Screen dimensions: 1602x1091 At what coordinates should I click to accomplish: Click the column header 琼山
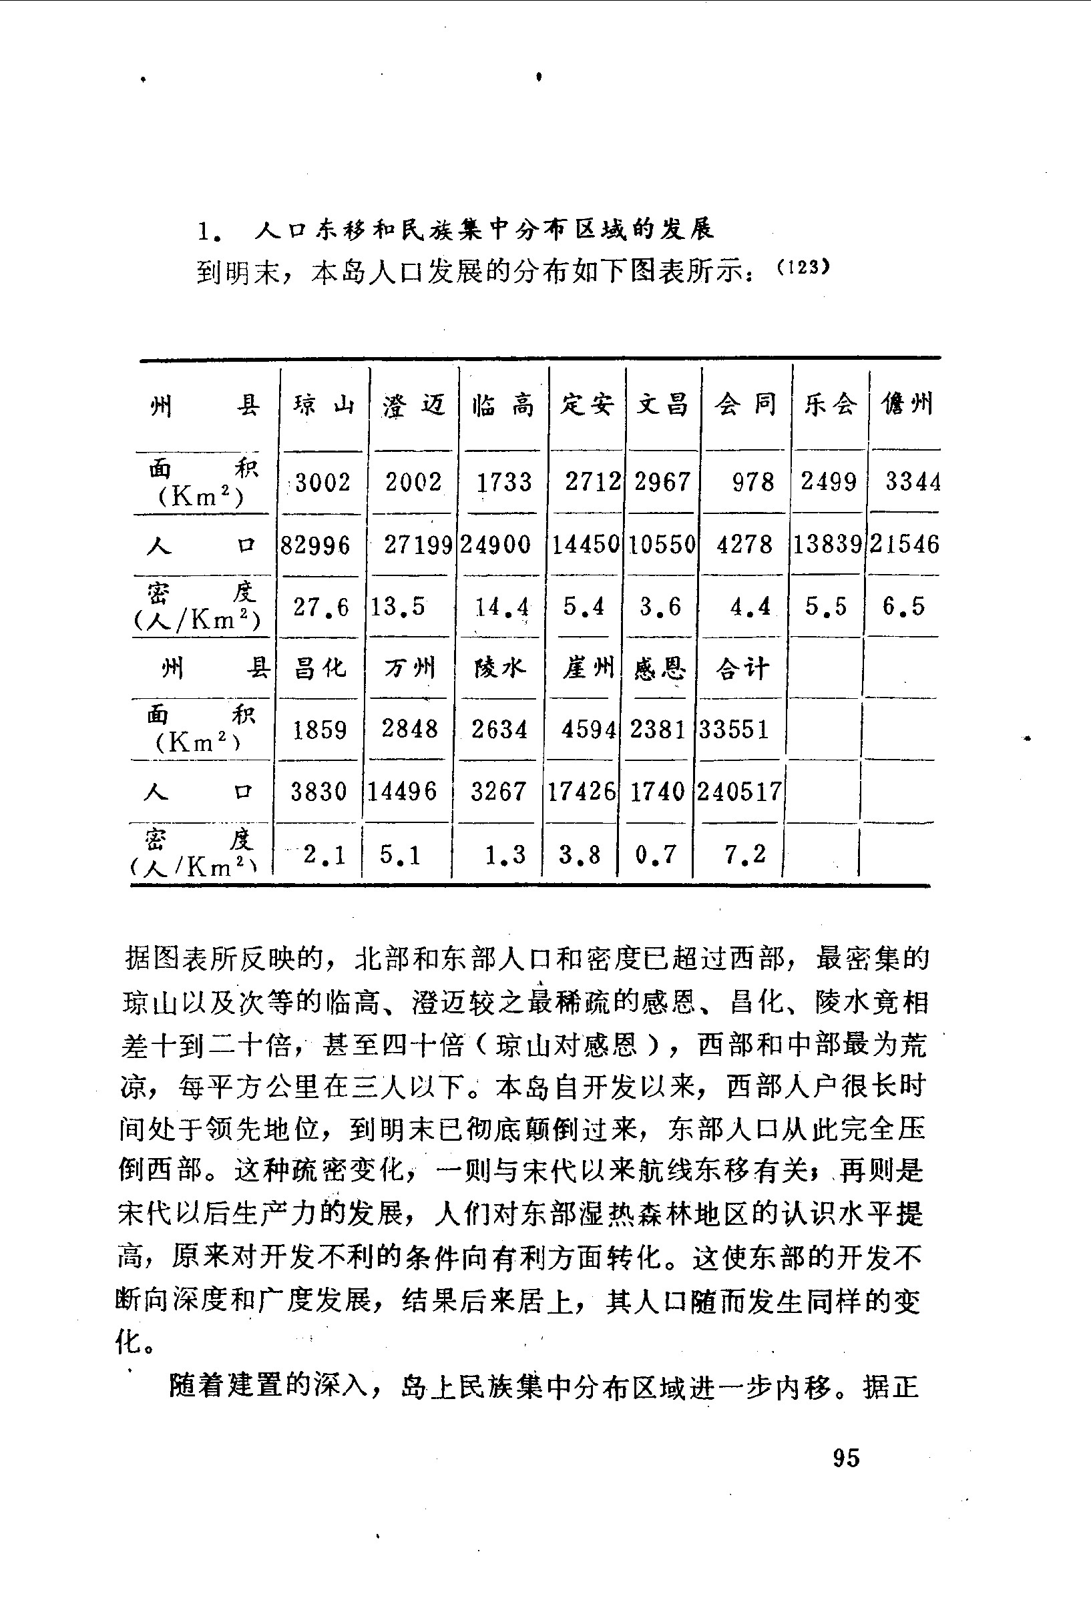coord(322,405)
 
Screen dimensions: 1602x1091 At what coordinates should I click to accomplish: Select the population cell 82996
coord(315,545)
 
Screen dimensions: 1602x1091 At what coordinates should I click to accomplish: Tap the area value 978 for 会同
coord(752,482)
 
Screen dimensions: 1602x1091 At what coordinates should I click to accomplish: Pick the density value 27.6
coord(321,607)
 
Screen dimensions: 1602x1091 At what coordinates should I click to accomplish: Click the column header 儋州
coord(907,403)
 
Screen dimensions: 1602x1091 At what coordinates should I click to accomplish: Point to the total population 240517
coord(739,792)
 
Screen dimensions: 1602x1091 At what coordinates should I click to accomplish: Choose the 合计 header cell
coord(742,668)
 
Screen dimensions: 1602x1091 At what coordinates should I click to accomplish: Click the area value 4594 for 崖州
coord(588,730)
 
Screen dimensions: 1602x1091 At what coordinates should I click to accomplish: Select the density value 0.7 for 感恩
coord(656,855)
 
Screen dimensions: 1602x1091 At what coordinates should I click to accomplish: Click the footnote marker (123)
coord(802,267)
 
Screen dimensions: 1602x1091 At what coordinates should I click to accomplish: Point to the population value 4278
coord(744,545)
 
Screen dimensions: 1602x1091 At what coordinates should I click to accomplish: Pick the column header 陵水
coord(499,668)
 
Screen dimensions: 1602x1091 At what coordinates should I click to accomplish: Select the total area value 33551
coord(734,730)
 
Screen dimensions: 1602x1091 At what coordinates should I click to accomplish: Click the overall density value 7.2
coord(744,855)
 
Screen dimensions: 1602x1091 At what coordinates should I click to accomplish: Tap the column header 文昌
coord(662,405)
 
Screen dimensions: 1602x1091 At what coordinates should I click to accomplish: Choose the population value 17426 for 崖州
coord(582,792)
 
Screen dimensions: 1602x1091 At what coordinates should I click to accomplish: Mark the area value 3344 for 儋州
coord(912,482)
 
